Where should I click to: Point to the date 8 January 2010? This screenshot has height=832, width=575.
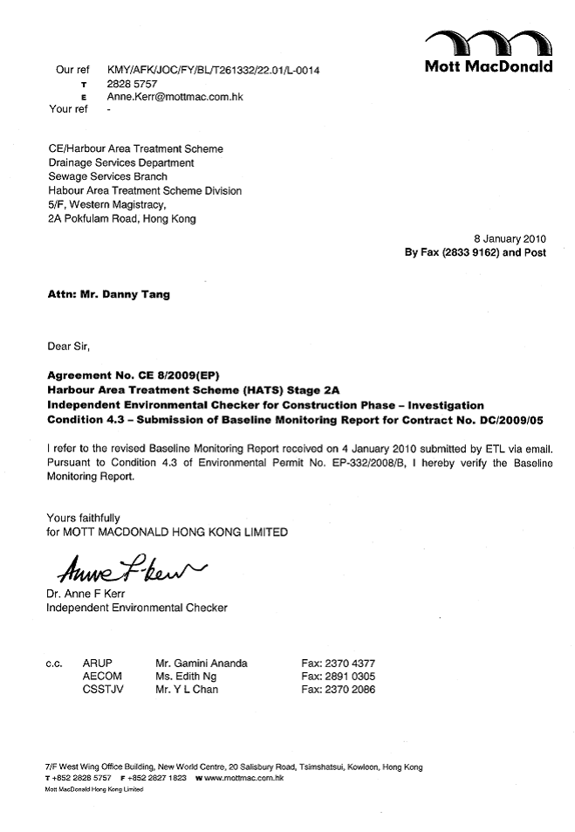click(510, 238)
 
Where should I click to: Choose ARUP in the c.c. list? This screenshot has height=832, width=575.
click(97, 663)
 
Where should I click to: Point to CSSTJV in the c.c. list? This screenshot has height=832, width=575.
click(100, 689)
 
